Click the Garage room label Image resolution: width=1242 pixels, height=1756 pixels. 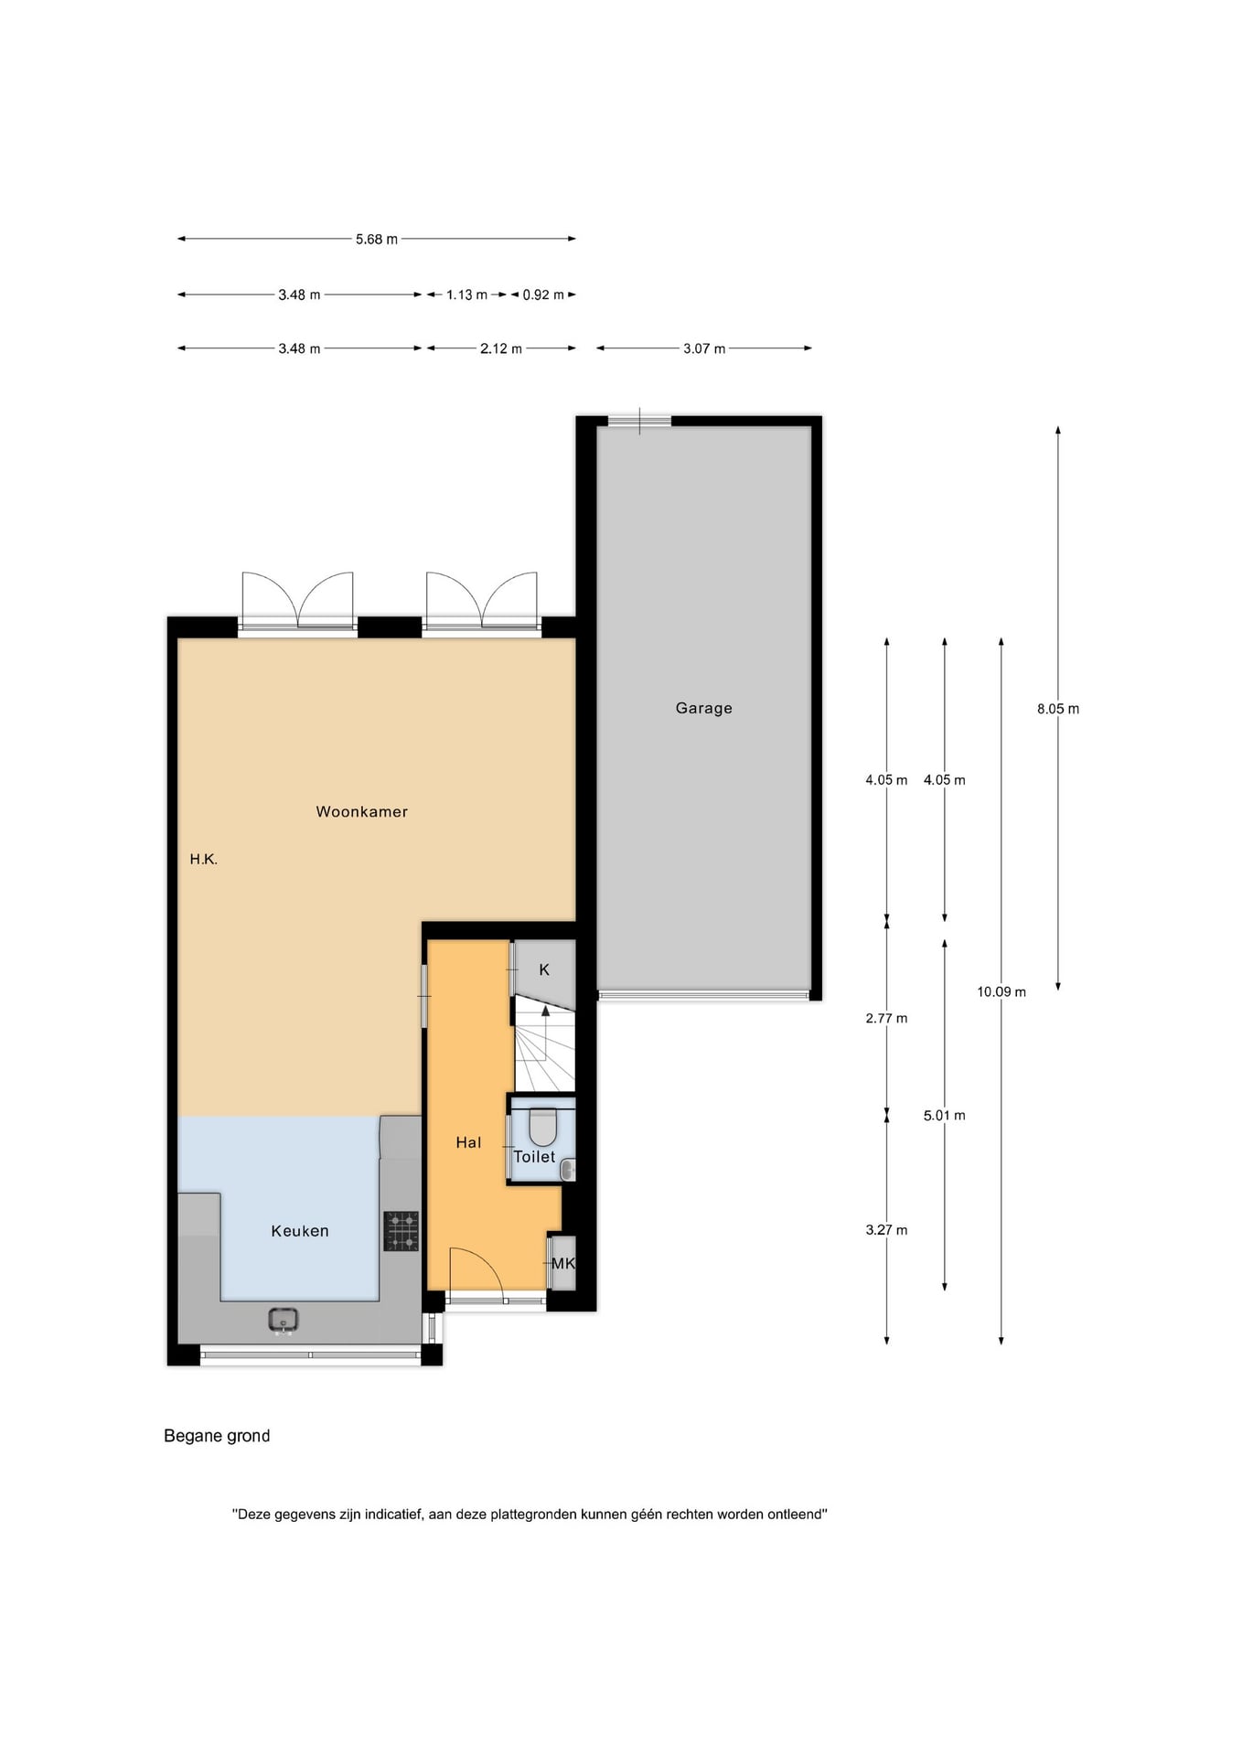point(703,708)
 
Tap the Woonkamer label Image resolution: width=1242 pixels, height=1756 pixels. point(361,811)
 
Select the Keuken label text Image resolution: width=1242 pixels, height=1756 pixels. point(299,1231)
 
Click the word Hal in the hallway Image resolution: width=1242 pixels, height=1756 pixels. point(468,1142)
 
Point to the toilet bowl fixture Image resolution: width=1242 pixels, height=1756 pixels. point(542,1128)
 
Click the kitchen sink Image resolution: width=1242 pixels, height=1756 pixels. point(284,1320)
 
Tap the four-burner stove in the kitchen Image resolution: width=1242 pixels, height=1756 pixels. point(401,1231)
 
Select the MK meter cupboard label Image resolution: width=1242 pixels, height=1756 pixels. point(563,1263)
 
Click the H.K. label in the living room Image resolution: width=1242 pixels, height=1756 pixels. point(204,859)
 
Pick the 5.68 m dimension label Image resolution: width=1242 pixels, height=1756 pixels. point(377,240)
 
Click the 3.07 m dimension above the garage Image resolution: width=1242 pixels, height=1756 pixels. point(704,348)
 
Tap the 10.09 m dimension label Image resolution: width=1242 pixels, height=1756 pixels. point(1001,991)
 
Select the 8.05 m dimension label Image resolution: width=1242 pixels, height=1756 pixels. point(1058,709)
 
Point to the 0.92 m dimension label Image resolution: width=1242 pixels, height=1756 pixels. point(543,294)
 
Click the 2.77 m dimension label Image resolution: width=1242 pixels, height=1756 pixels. point(886,1018)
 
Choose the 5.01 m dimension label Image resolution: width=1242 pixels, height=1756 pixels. point(945,1115)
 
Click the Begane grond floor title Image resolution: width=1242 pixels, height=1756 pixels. point(217,1436)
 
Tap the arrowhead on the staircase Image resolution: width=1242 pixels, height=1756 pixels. point(546,1011)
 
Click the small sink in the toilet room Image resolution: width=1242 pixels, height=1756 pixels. point(568,1170)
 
